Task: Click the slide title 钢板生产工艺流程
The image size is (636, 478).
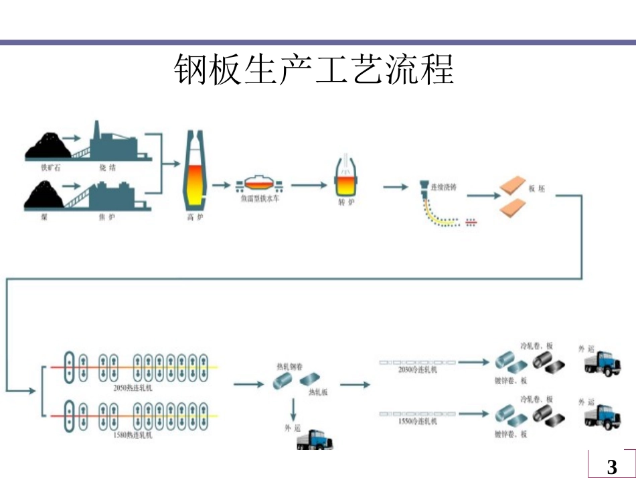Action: (x=315, y=69)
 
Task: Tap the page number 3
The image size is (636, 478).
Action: (x=611, y=467)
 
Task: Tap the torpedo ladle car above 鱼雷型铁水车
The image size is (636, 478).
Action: (x=259, y=184)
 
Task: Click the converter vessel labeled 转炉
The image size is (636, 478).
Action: (x=346, y=178)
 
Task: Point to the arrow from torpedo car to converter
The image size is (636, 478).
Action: (x=307, y=184)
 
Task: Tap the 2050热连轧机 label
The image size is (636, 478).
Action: (x=133, y=387)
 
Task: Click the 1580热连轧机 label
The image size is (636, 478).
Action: (x=133, y=435)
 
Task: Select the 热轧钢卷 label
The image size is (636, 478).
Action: (x=289, y=367)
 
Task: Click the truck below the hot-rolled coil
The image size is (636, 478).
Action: (x=315, y=440)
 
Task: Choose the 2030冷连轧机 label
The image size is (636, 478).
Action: (x=417, y=369)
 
